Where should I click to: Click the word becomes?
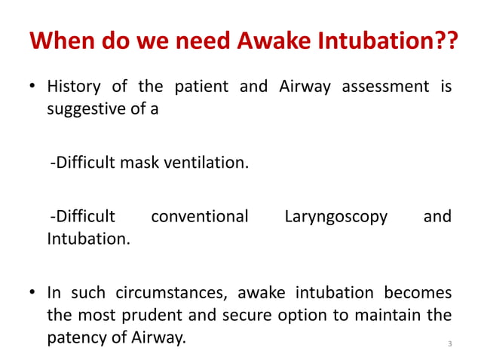coord(418,291)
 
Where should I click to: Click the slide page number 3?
coord(449,345)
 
